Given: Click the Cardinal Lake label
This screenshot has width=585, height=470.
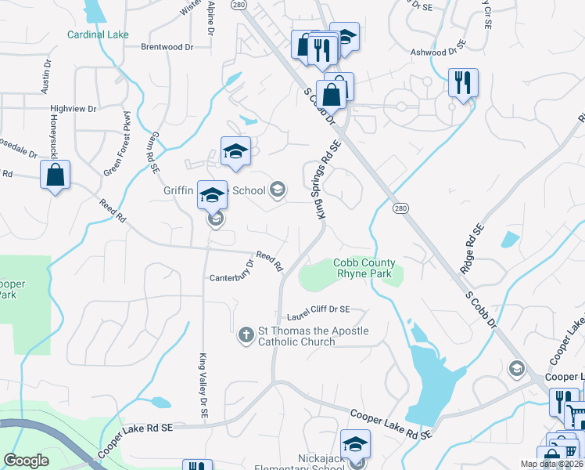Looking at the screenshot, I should [x=98, y=34].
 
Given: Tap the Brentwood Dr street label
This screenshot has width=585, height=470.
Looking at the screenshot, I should [x=167, y=47].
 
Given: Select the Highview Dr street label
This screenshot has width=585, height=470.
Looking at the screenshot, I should [x=73, y=109].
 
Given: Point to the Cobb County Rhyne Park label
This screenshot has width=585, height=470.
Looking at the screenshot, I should [x=364, y=268].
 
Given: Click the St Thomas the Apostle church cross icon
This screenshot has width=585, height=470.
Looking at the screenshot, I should [x=245, y=335].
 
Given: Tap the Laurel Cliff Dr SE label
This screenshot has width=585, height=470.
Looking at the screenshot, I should [x=318, y=312].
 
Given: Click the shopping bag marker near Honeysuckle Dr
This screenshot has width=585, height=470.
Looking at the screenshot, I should [x=55, y=175].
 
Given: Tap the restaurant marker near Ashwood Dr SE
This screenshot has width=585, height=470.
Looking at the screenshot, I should [x=463, y=82].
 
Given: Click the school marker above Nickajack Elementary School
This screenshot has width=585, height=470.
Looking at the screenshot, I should [x=355, y=444].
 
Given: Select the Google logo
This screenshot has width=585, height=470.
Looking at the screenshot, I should [x=27, y=461].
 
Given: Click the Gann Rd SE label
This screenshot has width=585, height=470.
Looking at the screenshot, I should [x=151, y=153].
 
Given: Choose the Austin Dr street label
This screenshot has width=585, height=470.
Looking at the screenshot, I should [x=47, y=74].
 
